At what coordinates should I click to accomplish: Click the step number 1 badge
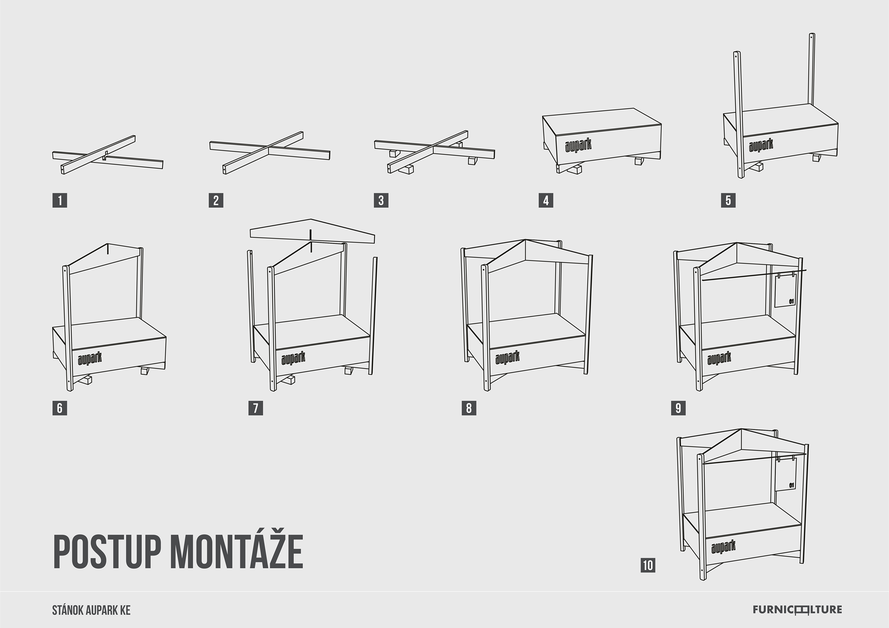pyautogui.click(x=59, y=201)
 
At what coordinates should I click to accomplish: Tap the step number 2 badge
pyautogui.click(x=216, y=201)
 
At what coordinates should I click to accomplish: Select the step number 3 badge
pyautogui.click(x=381, y=201)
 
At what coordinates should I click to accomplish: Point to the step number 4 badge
pyautogui.click(x=546, y=201)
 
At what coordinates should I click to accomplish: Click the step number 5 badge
pyautogui.click(x=728, y=201)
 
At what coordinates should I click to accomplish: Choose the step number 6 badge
pyautogui.click(x=59, y=408)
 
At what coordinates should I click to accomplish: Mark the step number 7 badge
pyautogui.click(x=256, y=408)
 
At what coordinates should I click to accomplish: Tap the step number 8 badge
pyautogui.click(x=469, y=408)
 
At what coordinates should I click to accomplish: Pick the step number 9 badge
pyautogui.click(x=678, y=408)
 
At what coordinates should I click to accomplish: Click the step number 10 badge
pyautogui.click(x=648, y=566)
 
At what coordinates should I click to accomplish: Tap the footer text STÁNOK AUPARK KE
pyautogui.click(x=91, y=610)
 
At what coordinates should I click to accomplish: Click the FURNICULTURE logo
pyautogui.click(x=797, y=610)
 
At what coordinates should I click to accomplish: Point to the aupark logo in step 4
pyautogui.click(x=578, y=145)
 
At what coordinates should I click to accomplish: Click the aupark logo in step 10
pyautogui.click(x=724, y=547)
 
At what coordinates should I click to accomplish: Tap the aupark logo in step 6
pyautogui.click(x=90, y=358)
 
